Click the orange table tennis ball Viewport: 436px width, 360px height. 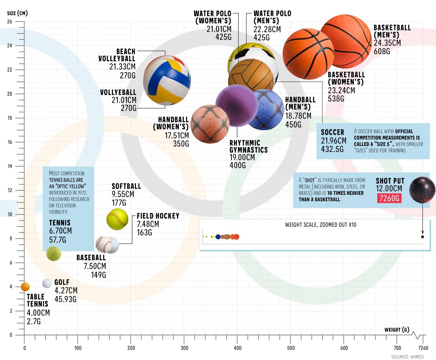25,287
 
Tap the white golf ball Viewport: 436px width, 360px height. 47,283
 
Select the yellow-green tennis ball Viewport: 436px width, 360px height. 54,254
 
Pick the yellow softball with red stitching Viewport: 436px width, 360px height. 117,219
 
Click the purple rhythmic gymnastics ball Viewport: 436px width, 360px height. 237,106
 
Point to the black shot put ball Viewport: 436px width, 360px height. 422,190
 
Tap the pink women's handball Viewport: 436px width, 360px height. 210,124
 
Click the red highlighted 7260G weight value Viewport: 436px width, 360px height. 389,198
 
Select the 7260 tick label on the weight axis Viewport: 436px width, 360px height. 423,348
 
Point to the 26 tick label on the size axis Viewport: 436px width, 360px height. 10,21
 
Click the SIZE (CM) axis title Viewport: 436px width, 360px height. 17,13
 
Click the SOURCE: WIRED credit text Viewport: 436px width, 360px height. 407,357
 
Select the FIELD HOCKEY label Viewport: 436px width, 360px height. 158,216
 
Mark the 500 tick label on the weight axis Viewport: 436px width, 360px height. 291,348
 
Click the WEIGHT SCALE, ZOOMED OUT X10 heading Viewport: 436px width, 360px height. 321,225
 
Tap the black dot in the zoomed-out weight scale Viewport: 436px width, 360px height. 423,237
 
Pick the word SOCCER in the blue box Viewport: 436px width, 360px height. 332,132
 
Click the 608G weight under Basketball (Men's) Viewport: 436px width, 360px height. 382,52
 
